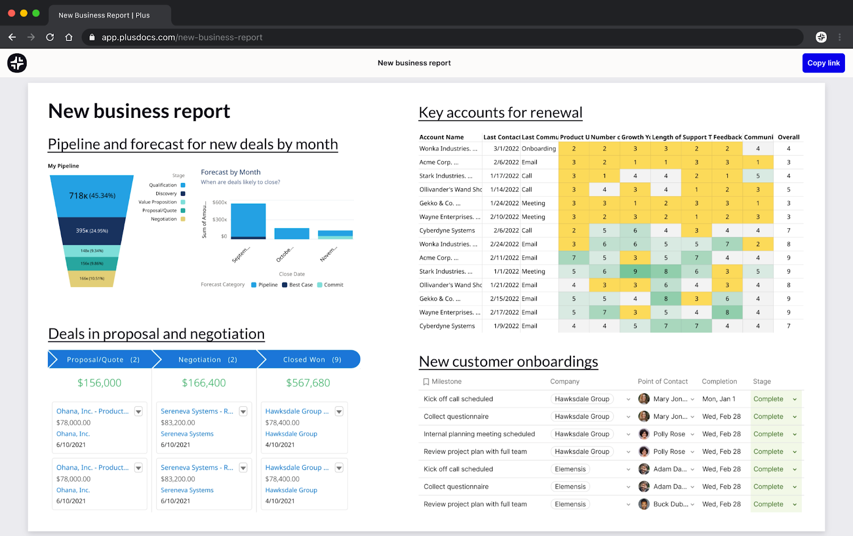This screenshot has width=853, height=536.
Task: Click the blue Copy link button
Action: click(823, 63)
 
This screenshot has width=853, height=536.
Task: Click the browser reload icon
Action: click(50, 37)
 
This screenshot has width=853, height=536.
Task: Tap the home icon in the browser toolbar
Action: click(69, 37)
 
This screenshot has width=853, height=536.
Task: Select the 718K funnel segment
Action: click(92, 196)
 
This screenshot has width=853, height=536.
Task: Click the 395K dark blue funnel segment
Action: click(92, 231)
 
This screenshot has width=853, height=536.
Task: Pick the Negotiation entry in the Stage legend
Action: click(164, 219)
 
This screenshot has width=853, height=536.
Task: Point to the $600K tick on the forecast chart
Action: click(220, 203)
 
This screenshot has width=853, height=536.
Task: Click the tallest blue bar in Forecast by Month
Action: click(248, 220)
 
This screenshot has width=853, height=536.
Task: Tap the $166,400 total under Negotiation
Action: click(204, 383)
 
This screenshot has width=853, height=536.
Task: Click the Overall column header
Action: click(788, 137)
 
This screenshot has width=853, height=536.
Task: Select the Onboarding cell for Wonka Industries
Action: click(538, 149)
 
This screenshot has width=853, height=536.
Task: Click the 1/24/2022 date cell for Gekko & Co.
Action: click(504, 203)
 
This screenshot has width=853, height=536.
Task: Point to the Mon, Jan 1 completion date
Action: click(719, 399)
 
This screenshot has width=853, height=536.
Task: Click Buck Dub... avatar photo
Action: click(644, 504)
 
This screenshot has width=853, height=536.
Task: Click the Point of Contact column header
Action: click(663, 381)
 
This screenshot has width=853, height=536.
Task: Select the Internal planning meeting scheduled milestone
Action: click(479, 434)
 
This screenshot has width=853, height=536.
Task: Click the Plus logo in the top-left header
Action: click(17, 63)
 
